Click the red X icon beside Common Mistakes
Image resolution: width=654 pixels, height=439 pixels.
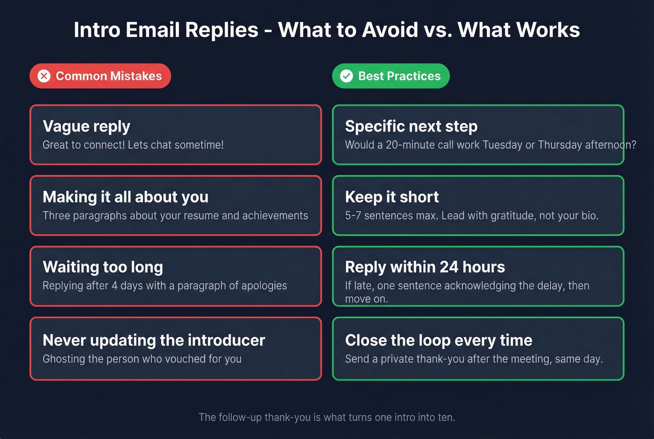click(44, 76)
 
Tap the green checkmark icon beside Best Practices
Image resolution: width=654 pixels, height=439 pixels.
click(346, 76)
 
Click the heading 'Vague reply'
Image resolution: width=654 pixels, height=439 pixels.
click(86, 126)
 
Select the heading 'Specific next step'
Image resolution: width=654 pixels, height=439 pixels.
click(411, 126)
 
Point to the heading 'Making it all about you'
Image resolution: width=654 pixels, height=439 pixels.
click(125, 197)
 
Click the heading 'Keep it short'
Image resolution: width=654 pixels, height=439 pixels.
click(391, 197)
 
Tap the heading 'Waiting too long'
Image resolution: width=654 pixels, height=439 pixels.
click(103, 267)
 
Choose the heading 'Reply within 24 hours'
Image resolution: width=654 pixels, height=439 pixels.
click(425, 267)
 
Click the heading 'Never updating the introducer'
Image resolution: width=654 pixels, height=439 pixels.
click(154, 340)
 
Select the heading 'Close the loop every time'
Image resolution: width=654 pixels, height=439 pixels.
click(438, 340)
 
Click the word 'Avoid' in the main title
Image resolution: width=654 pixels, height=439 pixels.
click(390, 30)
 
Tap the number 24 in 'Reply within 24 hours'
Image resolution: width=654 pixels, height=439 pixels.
click(448, 267)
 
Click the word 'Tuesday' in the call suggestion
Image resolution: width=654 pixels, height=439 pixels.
click(502, 145)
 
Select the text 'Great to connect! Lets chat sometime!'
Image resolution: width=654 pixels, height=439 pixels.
click(133, 145)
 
